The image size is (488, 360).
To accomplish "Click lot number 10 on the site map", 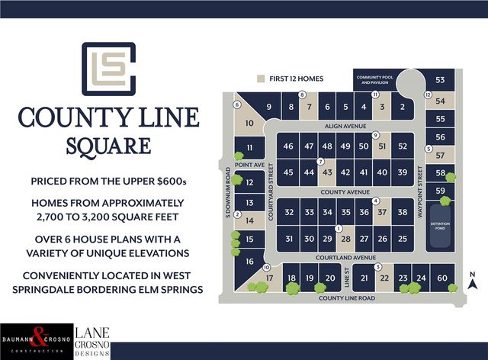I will pyautogui.click(x=249, y=123).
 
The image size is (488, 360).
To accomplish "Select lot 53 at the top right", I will pyautogui.click(x=440, y=80).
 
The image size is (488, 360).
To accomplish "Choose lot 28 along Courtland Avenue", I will pyautogui.click(x=345, y=239).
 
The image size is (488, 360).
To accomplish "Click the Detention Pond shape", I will pyautogui.click(x=441, y=223).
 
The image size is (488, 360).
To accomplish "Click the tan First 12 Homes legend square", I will pyautogui.click(x=262, y=78).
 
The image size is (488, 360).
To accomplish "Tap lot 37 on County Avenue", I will pyautogui.click(x=382, y=212).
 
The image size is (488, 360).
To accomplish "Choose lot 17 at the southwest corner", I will pyautogui.click(x=270, y=279).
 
